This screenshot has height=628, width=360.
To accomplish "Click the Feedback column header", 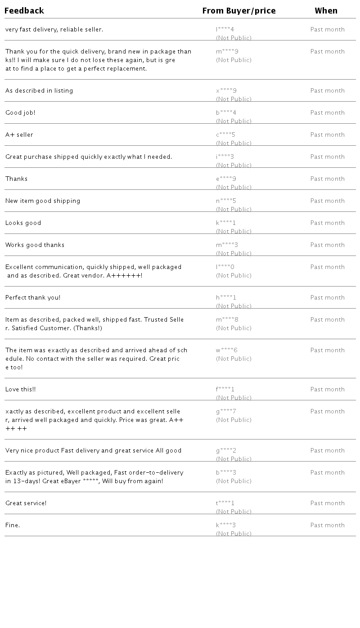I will (x=24, y=11).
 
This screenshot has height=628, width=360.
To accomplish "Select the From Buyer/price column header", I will (x=239, y=11).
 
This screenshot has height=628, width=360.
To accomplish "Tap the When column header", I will (x=326, y=11).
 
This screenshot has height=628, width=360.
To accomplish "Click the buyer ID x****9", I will (x=226, y=91).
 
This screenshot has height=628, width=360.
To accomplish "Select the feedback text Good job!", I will (x=20, y=113).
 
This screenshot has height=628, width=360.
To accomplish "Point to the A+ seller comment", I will (x=19, y=135).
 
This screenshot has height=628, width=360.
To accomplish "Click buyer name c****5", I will (x=226, y=135).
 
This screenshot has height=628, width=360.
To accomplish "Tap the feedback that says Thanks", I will (x=17, y=179).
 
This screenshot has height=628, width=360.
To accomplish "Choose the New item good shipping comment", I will (x=43, y=201).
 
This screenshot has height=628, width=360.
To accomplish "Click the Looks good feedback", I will (x=23, y=223).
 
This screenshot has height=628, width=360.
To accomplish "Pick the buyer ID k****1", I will (x=226, y=223).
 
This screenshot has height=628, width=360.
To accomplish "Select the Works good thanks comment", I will (x=35, y=245).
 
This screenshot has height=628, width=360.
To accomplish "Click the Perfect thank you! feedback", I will (x=33, y=298).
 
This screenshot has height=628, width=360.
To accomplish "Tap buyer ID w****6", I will (x=227, y=350).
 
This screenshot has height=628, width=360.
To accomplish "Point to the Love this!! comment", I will (x=21, y=390).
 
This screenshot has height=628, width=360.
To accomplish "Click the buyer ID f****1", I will (x=225, y=390).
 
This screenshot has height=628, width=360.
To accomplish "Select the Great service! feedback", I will (x=26, y=503).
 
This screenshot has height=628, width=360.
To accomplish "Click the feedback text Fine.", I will (x=13, y=525).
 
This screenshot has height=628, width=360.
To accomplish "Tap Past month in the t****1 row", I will (x=328, y=503).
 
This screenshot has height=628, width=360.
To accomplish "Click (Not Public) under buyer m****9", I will (x=234, y=60).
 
